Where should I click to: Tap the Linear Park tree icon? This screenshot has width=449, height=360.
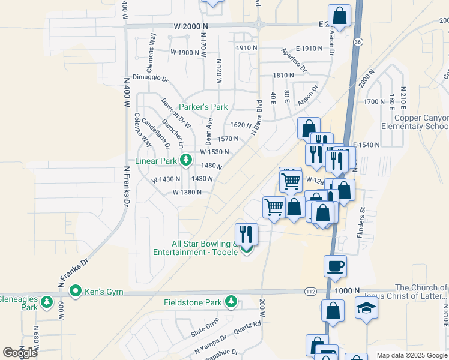[186, 160]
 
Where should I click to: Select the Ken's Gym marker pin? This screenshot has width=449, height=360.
[76, 292]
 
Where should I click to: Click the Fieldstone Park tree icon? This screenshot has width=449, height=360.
[231, 301]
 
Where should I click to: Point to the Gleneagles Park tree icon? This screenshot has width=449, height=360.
[47, 301]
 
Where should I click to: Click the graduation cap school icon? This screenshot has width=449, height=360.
[364, 308]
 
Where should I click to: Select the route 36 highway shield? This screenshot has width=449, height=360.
[357, 42]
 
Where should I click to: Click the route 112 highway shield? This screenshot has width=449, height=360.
[310, 291]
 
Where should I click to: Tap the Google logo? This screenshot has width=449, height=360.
[21, 353]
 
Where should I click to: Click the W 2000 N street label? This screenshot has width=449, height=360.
[191, 26]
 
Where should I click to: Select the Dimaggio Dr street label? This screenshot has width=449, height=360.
[151, 78]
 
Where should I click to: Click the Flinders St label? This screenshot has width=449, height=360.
[362, 221]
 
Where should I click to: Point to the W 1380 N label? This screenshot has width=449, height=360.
[187, 192]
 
